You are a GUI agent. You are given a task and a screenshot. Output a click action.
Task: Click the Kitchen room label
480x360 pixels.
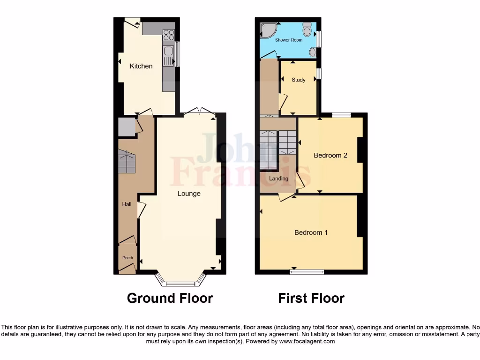141,66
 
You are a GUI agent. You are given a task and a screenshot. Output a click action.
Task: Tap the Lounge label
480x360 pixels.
189,193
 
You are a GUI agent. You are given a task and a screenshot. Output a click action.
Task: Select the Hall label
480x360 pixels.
127,204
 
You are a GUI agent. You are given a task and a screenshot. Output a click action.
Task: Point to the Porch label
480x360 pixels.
127,258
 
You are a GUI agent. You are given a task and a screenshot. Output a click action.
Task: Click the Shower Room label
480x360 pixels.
289,40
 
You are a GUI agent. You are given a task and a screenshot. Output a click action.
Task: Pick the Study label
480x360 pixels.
299,80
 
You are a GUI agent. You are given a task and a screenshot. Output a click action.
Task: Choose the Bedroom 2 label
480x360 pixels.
330,155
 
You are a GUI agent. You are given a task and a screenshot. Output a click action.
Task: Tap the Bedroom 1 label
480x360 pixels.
311,232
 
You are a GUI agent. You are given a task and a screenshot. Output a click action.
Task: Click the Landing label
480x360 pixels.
278,179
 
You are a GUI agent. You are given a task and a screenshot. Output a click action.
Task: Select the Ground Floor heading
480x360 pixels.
170,298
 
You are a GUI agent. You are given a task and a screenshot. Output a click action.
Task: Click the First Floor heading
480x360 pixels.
311,298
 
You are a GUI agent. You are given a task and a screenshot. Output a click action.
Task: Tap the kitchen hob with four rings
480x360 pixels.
168,35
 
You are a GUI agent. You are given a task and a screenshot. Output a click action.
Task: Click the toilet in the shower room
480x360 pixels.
307,30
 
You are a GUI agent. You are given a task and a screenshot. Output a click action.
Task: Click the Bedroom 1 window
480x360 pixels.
307,271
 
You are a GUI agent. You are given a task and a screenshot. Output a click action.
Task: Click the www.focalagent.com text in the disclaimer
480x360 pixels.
307,341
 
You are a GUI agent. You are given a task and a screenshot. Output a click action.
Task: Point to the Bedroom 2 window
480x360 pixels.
342,114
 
